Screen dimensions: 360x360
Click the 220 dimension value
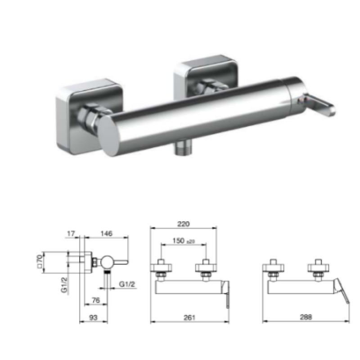coord(184,224)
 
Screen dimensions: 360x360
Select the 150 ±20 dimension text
coord(184,241)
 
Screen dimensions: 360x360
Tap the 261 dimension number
coord(189,317)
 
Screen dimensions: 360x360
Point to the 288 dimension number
coord(306,317)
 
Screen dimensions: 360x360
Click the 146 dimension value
coord(107,234)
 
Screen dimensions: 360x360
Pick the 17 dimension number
coord(71,234)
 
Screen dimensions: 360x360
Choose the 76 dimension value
coord(96,300)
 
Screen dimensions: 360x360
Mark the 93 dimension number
coord(93,318)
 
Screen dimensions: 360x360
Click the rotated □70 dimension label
coord(40,261)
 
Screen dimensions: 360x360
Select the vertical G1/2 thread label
coord(64,285)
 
